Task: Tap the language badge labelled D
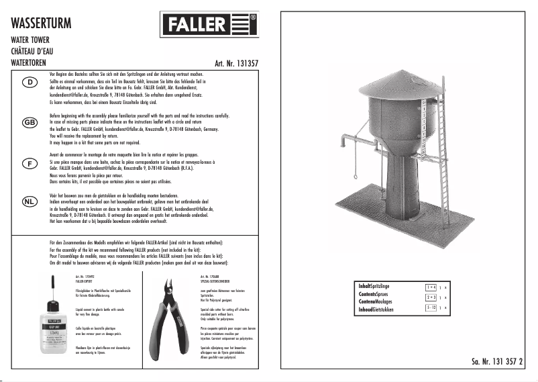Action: pyautogui.click(x=30, y=83)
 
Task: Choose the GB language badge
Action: pyautogui.click(x=30, y=123)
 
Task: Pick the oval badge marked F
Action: pyautogui.click(x=30, y=164)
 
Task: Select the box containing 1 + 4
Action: pyautogui.click(x=431, y=286)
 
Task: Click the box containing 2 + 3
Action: pyautogui.click(x=431, y=296)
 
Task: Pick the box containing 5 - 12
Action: pyautogui.click(x=431, y=307)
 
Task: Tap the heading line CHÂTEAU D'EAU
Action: pyautogui.click(x=38, y=50)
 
